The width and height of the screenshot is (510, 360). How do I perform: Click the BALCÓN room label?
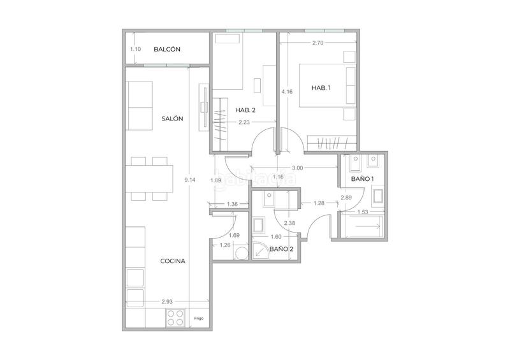tap(167, 50)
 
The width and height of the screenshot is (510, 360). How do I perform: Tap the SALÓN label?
tap(172, 119)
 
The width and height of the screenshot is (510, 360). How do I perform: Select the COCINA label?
tap(173, 260)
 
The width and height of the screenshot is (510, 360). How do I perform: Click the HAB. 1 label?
tap(321, 88)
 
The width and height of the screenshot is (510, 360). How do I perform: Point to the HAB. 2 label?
tap(245, 110)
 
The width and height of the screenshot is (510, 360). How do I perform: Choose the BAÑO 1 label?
tap(362, 180)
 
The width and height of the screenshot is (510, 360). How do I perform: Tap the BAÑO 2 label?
tap(281, 249)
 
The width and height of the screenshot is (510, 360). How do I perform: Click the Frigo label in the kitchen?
tap(199, 317)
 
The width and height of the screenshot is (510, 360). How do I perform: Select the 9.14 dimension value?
tap(189, 180)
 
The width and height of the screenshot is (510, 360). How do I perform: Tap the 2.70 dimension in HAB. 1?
tap(319, 43)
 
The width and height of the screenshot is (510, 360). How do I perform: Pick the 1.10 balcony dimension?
tap(135, 50)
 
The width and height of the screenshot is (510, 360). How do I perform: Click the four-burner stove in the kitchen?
tap(174, 317)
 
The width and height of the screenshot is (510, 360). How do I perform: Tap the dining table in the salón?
tap(150, 179)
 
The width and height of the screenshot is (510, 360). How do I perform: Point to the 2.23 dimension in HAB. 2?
tap(244, 123)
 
